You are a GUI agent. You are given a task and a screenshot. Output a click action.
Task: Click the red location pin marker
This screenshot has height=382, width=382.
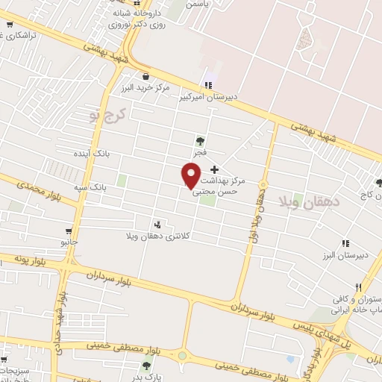pyautogui.click(x=191, y=175)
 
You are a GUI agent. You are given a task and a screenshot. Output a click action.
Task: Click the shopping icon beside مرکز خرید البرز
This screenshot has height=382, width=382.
pyautogui.click(x=145, y=75)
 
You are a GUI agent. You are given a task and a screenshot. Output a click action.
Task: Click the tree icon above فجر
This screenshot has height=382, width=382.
pyautogui.click(x=199, y=140)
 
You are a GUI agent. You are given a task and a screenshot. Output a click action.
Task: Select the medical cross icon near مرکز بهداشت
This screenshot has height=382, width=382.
pyautogui.click(x=216, y=169)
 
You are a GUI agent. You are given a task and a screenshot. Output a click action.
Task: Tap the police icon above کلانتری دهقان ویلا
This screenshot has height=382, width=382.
pyautogui.click(x=157, y=224)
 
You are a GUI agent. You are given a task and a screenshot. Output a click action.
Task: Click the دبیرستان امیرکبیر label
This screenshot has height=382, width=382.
pyautogui.click(x=207, y=96)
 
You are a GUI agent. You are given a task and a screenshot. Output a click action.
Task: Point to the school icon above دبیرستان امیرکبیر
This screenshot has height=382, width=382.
pyautogui.click(x=208, y=85)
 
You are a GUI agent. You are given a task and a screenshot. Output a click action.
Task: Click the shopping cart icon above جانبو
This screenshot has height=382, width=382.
pyautogui.click(x=69, y=231)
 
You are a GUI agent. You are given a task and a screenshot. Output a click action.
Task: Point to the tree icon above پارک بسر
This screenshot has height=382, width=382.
pyautogui.click(x=146, y=365)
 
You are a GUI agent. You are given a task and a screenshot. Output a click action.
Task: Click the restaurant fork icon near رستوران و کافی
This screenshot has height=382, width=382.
pyautogui.click(x=359, y=287)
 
